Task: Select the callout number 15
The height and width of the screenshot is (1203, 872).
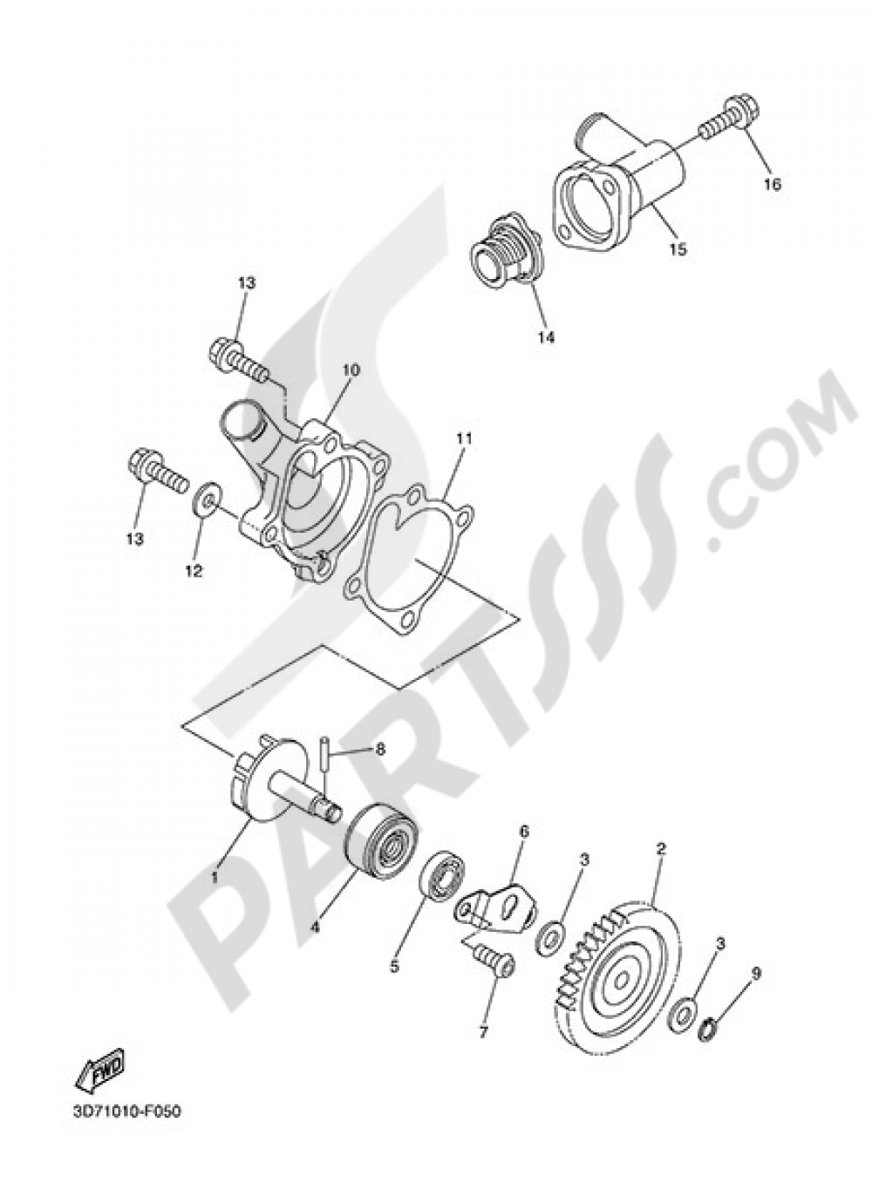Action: [678, 249]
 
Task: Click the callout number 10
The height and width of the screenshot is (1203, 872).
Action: [325, 394]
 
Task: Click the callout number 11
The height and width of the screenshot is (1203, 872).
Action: [462, 439]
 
